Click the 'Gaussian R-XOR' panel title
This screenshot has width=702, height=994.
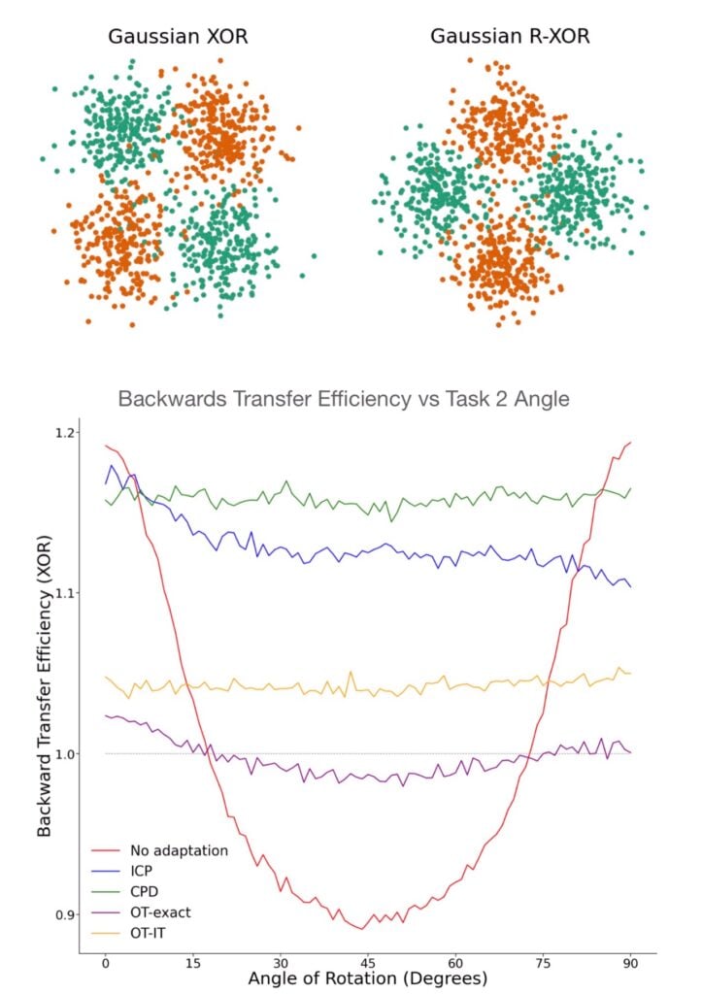[511, 38]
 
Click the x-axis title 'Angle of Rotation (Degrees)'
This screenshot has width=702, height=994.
[367, 977]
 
